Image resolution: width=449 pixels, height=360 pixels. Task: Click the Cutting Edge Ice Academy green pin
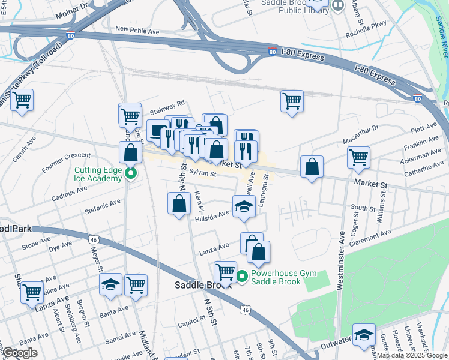tap(130, 175)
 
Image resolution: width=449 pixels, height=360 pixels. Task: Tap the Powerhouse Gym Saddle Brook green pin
tap(242, 277)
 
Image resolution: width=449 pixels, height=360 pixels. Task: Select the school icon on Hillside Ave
tap(244, 207)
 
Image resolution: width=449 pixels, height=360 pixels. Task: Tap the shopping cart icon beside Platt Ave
tap(358, 158)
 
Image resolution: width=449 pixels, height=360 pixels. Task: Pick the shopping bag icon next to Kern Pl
tap(179, 204)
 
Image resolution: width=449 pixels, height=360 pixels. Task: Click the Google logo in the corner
tap(20, 352)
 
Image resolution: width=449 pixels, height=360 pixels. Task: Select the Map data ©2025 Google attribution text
tap(412, 355)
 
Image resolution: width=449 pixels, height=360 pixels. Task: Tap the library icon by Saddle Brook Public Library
tap(338, 7)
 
